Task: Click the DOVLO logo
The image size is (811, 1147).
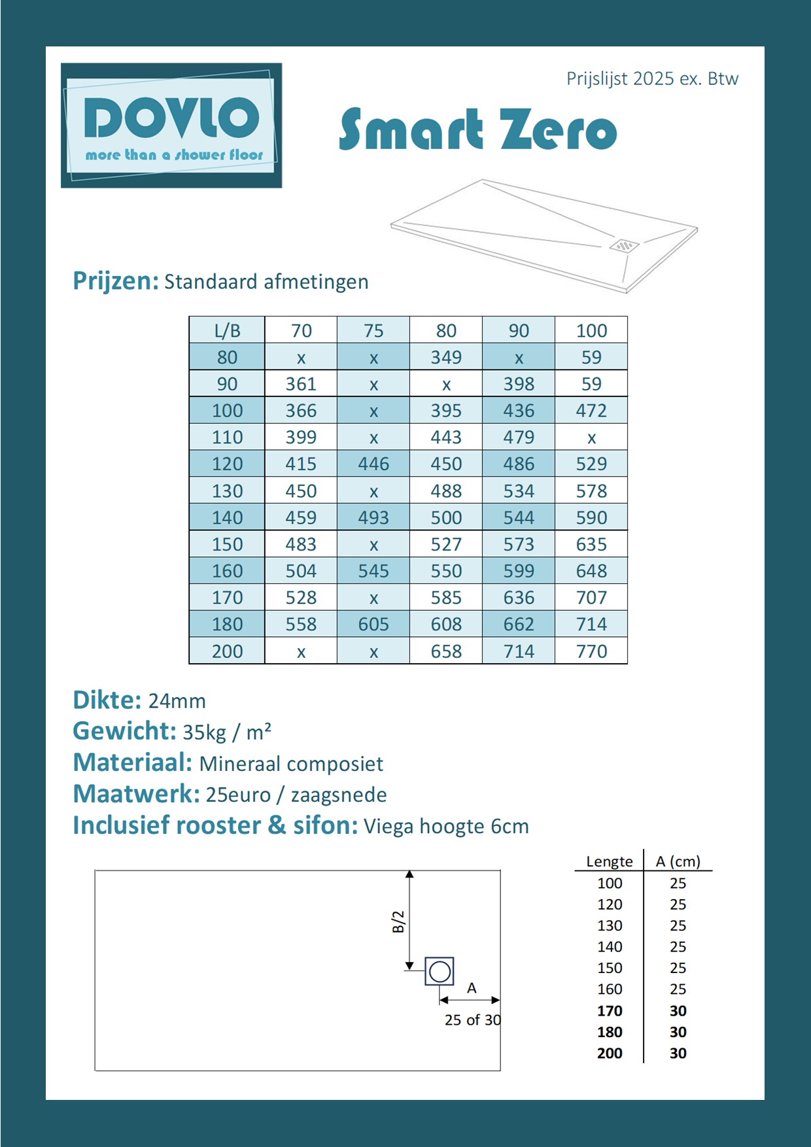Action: coord(171,125)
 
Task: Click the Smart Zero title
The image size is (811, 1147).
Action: coord(478,129)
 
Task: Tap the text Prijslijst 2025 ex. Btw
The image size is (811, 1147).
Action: coord(652,79)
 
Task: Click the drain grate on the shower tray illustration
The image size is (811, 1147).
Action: coord(624,246)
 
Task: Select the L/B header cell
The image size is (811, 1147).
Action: coord(227,330)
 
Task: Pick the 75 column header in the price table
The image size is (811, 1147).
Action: coord(373,330)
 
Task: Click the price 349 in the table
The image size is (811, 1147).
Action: coord(446,357)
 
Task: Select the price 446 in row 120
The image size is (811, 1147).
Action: coord(373,464)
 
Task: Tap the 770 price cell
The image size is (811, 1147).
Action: coord(591,651)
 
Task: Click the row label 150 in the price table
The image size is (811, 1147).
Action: coord(227,544)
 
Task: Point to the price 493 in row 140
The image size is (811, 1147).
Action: coord(373,517)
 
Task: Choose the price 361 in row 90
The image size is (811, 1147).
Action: coord(301,384)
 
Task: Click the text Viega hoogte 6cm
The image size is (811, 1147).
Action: coord(446,827)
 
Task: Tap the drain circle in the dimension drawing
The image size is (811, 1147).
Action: coord(440,971)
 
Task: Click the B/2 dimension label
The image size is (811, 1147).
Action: coord(398,921)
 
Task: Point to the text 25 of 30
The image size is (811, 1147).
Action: coord(472,1020)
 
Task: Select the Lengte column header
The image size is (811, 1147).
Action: coord(610,861)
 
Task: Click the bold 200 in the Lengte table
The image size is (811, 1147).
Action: coord(610,1053)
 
